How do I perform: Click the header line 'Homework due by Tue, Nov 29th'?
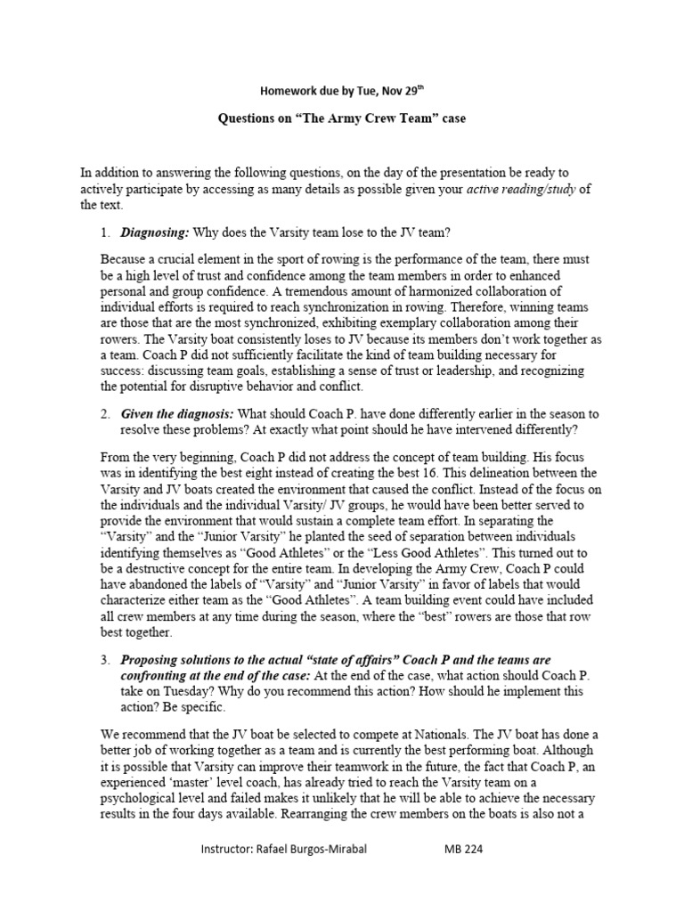coord(342,91)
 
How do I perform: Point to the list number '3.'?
coord(105,660)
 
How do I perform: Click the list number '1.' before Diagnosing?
coord(105,233)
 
